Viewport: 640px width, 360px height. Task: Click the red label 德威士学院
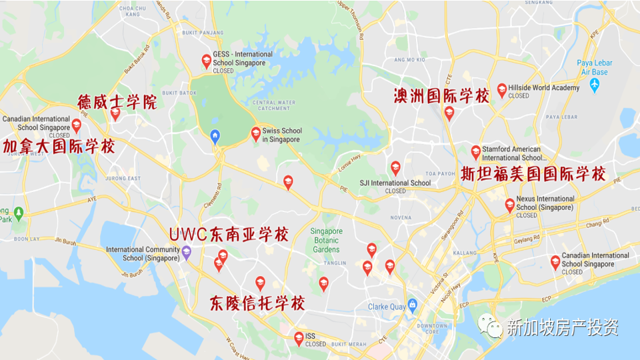(x=117, y=102)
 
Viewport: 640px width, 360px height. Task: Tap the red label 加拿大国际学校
(x=59, y=146)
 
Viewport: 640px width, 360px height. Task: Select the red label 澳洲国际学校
(x=441, y=95)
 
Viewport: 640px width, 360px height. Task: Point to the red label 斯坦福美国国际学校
(x=533, y=175)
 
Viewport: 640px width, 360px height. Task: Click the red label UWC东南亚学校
(x=229, y=235)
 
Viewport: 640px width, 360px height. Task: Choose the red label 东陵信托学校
(x=257, y=303)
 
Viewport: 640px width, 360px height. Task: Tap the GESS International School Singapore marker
(x=207, y=61)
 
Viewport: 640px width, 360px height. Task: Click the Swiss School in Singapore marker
(x=256, y=134)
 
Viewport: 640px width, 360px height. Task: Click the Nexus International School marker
(x=509, y=205)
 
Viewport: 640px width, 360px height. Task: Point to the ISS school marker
(x=299, y=338)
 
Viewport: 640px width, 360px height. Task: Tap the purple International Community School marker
(x=187, y=252)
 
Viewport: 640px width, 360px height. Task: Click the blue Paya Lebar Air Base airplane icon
(x=595, y=85)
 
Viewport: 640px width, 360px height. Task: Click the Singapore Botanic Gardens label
(x=327, y=240)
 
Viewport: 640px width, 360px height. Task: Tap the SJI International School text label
(x=395, y=183)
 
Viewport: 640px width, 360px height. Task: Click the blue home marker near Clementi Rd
(x=215, y=136)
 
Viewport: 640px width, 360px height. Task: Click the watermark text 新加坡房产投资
(x=562, y=327)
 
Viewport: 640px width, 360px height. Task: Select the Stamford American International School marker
(x=475, y=152)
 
